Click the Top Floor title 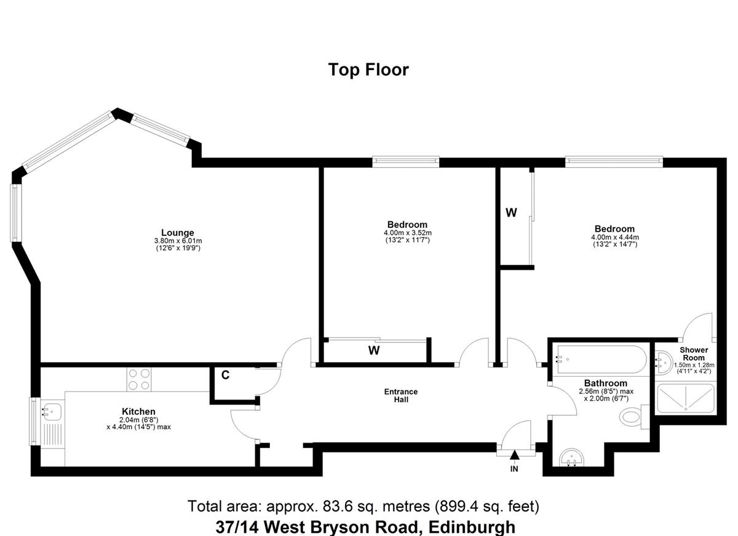point(368,69)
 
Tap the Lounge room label point(178,232)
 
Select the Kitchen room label point(138,411)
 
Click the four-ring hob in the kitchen point(138,379)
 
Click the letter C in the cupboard point(225,376)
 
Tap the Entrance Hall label point(400,395)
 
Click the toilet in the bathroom point(632,419)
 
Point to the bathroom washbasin point(573,459)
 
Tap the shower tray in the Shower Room point(684,398)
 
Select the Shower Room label point(694,353)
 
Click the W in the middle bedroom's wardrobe point(373,350)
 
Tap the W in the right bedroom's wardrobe point(510,213)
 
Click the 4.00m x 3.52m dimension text point(407,233)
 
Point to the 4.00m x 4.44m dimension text point(615,237)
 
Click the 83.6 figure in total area point(331,506)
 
